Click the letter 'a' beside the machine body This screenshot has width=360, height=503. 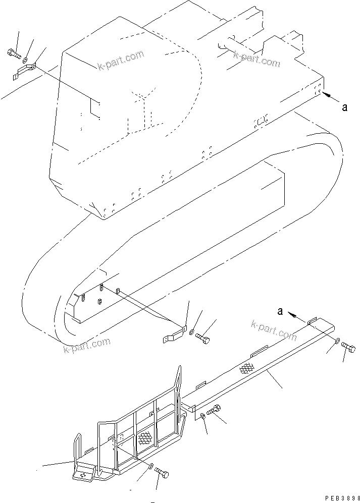(344, 107)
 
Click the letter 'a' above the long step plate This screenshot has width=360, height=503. (279, 311)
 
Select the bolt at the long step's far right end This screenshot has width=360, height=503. (348, 347)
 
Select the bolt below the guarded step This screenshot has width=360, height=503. (162, 473)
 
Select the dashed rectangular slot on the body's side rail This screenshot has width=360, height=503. (261, 121)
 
